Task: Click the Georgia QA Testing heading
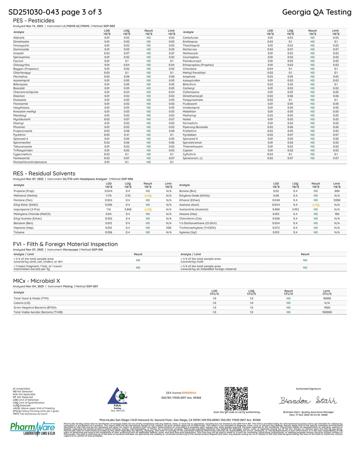coord(316,12)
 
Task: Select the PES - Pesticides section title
coord(34,21)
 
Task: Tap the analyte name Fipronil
coord(18,61)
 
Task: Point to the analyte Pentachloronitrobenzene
coord(30,162)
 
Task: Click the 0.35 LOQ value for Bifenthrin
coord(290,84)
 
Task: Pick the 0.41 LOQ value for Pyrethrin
coord(127,135)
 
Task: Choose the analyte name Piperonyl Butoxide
coord(195,127)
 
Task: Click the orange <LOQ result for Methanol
coord(148,196)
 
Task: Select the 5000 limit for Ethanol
coord(337,200)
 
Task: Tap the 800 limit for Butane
coord(337,191)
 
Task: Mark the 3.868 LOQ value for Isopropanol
coord(128,209)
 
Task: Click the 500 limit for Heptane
coord(169,228)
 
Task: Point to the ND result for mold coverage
coord(305,260)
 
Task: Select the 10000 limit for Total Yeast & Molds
coord(327,298)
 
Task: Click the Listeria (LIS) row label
coord(22,303)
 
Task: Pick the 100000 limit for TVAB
coord(327,312)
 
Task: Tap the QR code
coord(236,398)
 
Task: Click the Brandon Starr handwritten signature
coord(308,401)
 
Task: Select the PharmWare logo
coord(33,428)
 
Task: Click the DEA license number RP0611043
coord(189,393)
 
